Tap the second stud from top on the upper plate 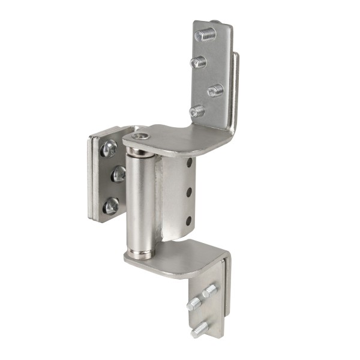tap(199, 61)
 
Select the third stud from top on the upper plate tap(215, 90)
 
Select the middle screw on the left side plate tap(119, 174)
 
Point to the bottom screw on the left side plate tap(110, 206)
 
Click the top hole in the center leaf tap(189, 163)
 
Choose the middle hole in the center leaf tap(189, 191)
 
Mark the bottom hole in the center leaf tap(189, 220)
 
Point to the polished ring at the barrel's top tap(139, 151)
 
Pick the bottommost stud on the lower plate tap(200, 329)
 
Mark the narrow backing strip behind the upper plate tap(235, 90)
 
